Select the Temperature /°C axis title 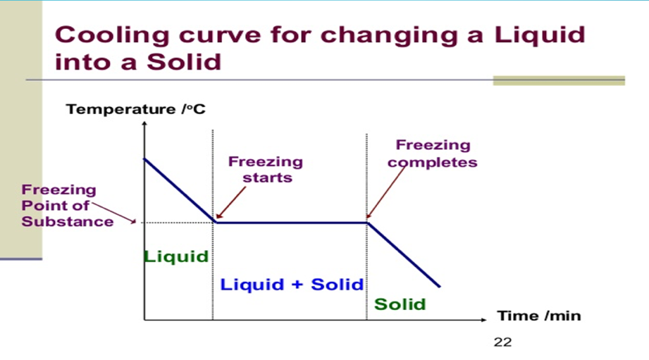click(x=135, y=109)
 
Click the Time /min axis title click(x=539, y=315)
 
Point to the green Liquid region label click(x=176, y=256)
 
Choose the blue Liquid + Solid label click(x=292, y=284)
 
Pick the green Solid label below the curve click(x=400, y=304)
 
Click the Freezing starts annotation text click(x=266, y=169)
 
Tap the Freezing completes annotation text click(x=433, y=154)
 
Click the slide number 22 click(x=502, y=342)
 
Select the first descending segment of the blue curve click(x=179, y=190)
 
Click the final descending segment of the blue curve click(x=404, y=255)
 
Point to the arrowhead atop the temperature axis click(x=144, y=125)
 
